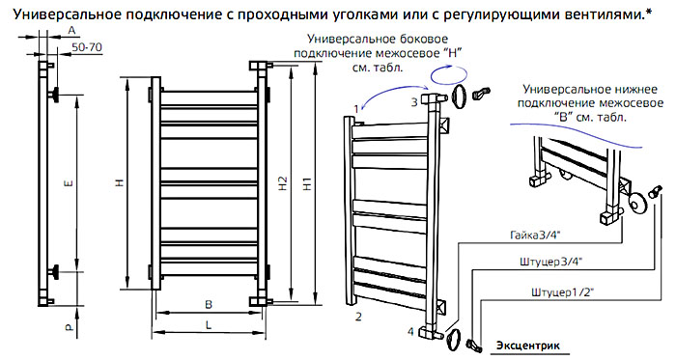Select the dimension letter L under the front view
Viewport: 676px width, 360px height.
point(209,325)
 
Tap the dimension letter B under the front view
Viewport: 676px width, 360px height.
point(209,304)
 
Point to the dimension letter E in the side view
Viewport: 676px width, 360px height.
point(70,184)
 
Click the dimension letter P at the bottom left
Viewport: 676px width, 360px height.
point(70,328)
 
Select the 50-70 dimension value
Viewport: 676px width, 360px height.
point(87,47)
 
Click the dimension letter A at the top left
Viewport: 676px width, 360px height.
point(72,30)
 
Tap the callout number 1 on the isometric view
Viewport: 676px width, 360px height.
point(356,109)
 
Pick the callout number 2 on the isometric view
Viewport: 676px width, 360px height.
point(358,317)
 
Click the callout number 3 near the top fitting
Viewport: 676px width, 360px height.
point(414,102)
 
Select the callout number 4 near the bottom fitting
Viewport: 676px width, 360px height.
point(410,332)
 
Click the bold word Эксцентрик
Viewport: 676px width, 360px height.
point(528,346)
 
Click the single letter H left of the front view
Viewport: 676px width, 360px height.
point(121,182)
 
